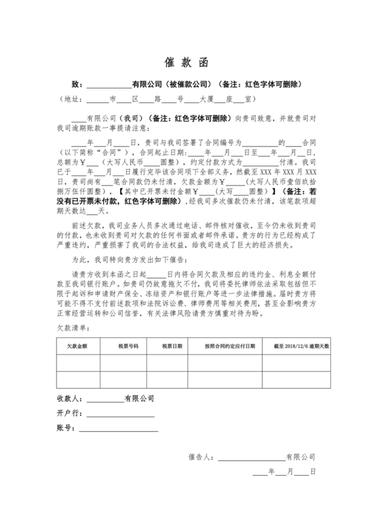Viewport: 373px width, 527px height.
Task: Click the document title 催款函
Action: click(x=186, y=63)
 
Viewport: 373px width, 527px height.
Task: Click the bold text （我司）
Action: click(x=129, y=118)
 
